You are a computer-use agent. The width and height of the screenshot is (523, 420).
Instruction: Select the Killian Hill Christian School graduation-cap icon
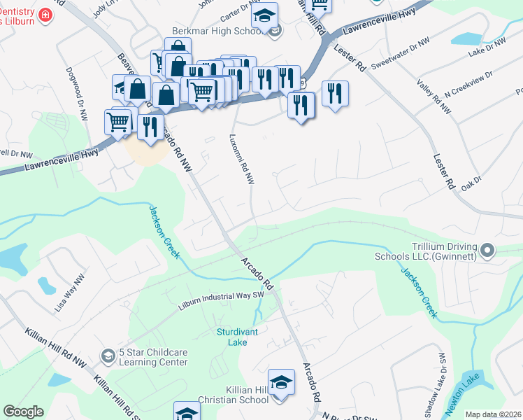coord(281,382)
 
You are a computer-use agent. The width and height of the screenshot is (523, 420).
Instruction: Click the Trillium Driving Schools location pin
coord(488,250)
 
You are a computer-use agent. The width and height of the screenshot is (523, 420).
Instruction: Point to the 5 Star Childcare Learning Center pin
coord(108,356)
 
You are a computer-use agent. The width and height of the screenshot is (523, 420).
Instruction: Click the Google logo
coord(23,412)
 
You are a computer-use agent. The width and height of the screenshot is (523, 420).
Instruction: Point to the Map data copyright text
coord(492,414)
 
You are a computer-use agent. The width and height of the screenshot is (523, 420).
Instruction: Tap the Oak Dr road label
coord(473,181)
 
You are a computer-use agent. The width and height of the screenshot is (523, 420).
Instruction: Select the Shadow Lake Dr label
coord(445,381)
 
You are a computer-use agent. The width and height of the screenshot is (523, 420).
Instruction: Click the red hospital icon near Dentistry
coord(45,15)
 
